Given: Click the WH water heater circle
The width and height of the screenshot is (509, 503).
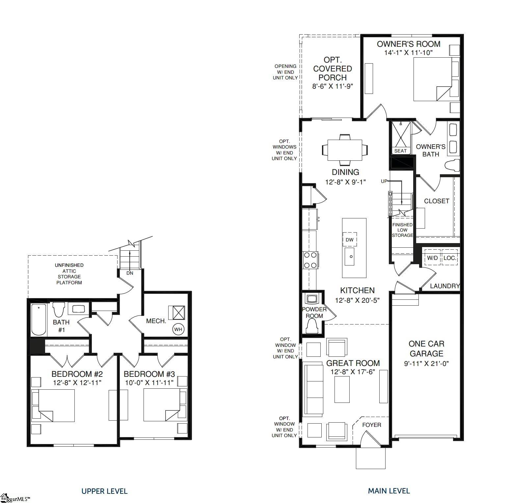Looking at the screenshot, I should coord(178,329).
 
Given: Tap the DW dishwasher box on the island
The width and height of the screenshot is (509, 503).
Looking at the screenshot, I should coord(349,239).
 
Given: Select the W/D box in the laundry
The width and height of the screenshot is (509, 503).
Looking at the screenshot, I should coord(432,258).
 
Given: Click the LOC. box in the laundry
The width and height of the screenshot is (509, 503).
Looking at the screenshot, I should coord(450,258).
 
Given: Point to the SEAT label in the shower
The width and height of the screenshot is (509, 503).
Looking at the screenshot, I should coord(400,151).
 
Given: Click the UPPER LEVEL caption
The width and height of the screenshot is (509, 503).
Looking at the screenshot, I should coord(104,491).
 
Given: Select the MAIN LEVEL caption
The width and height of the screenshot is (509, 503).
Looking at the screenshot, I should coord(389,491).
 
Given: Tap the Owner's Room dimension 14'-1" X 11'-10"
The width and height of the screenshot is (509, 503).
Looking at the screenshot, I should coord(408,53).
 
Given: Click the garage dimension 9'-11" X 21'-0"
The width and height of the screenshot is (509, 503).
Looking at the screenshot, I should coord(426,364).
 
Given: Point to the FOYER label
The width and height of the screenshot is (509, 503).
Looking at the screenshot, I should coord(371,425).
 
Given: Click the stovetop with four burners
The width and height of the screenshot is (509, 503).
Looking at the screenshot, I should coord(310,260).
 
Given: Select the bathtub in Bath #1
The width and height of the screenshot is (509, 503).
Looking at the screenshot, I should coord(39,319).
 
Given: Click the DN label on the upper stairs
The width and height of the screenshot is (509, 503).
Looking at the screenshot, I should coord(130,273).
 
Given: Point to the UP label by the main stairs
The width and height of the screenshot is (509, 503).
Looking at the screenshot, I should coord(384,181).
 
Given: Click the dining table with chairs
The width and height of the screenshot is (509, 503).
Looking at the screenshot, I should coord(345,150).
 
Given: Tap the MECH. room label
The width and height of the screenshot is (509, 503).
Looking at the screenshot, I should coord(156,321).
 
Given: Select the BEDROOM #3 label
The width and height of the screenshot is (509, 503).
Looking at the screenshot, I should coord(149,374).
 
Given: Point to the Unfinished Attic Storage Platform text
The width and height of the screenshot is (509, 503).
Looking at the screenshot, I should coord(69,274).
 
